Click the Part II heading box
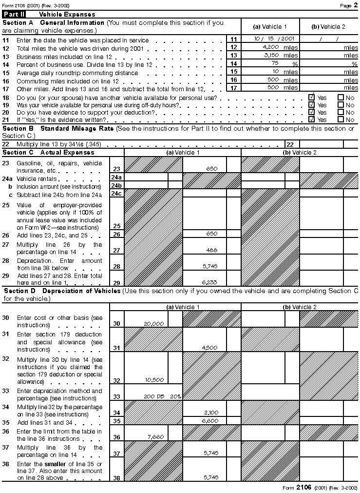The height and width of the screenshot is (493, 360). [14, 15]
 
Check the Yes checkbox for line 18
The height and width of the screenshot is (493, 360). [311, 98]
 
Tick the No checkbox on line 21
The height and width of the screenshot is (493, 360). [341, 119]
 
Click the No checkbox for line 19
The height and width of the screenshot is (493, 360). [341, 105]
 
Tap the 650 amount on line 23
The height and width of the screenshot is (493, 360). [211, 168]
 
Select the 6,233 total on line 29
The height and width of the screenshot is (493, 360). [209, 282]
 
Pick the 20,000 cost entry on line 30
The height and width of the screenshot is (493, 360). [153, 323]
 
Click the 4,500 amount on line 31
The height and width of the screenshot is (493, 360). [209, 347]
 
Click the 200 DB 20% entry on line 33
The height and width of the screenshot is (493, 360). [162, 396]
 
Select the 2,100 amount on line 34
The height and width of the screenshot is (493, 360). [210, 413]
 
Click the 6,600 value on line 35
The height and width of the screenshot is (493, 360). [210, 420]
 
